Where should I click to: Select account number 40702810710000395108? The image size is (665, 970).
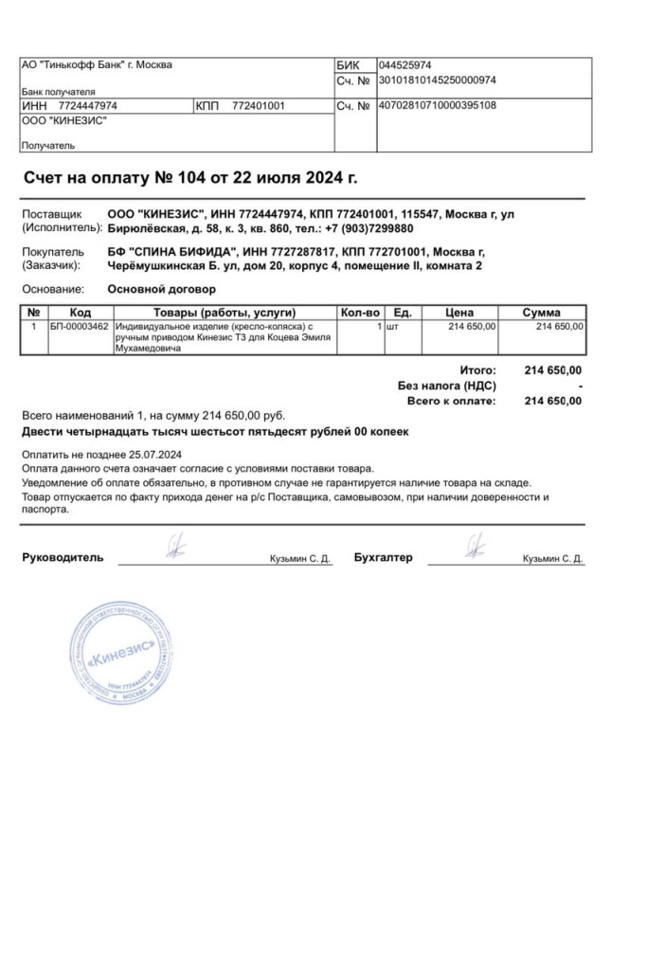[437, 105]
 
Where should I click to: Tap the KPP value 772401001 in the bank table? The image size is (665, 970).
[259, 106]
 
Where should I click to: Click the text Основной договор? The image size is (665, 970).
[162, 289]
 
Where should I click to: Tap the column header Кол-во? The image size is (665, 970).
[359, 313]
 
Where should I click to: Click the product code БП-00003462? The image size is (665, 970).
[80, 327]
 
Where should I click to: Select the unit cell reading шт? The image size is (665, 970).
[390, 327]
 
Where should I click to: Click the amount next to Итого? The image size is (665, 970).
[552, 370]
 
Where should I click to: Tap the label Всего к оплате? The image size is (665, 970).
[451, 401]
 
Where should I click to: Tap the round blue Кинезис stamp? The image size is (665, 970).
[119, 655]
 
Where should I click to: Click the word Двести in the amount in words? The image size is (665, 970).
[44, 432]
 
